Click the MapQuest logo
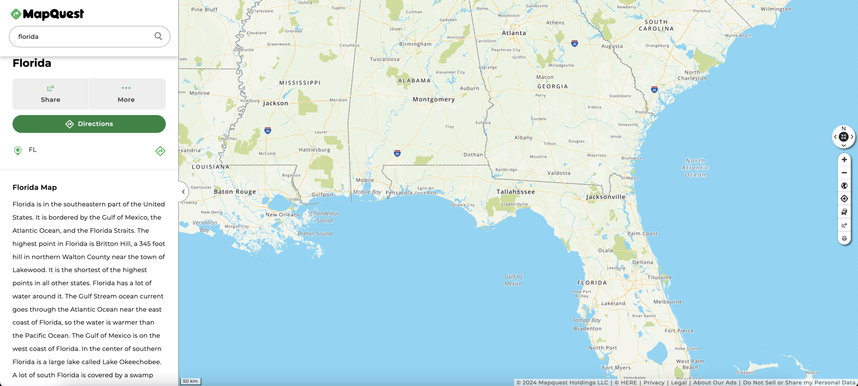coord(47,14)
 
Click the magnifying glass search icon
coord(158,36)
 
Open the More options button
coord(126,94)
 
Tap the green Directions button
coord(89,124)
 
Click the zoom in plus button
coord(844,160)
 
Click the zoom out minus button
coord(844,172)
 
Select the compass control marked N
coord(844,136)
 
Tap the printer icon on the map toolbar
coord(844,238)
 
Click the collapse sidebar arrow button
coord(183,192)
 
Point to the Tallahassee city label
coord(515,192)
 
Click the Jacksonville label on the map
coord(605,197)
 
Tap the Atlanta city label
coord(514,33)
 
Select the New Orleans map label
coord(282,215)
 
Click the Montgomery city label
coord(434,99)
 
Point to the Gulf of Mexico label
coord(513,280)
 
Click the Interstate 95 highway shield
coord(654,90)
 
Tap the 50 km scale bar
coord(191,381)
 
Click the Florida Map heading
coord(35,187)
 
